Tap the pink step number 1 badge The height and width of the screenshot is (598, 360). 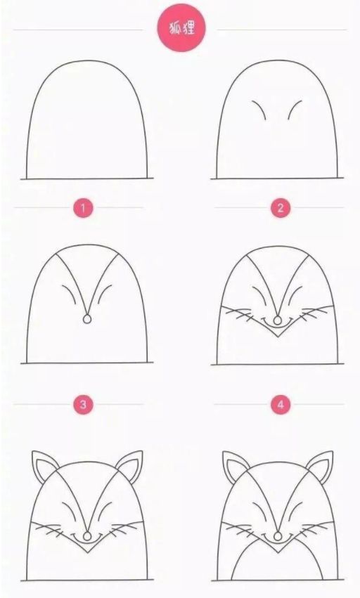tap(84, 208)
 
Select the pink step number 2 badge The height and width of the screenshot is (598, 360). tap(281, 208)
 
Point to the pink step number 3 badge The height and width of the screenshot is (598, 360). tap(84, 404)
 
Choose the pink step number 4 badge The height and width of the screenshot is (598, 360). tap(281, 404)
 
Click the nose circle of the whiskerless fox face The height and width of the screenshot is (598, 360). tap(87, 320)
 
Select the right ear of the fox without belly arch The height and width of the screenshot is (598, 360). tap(131, 465)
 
